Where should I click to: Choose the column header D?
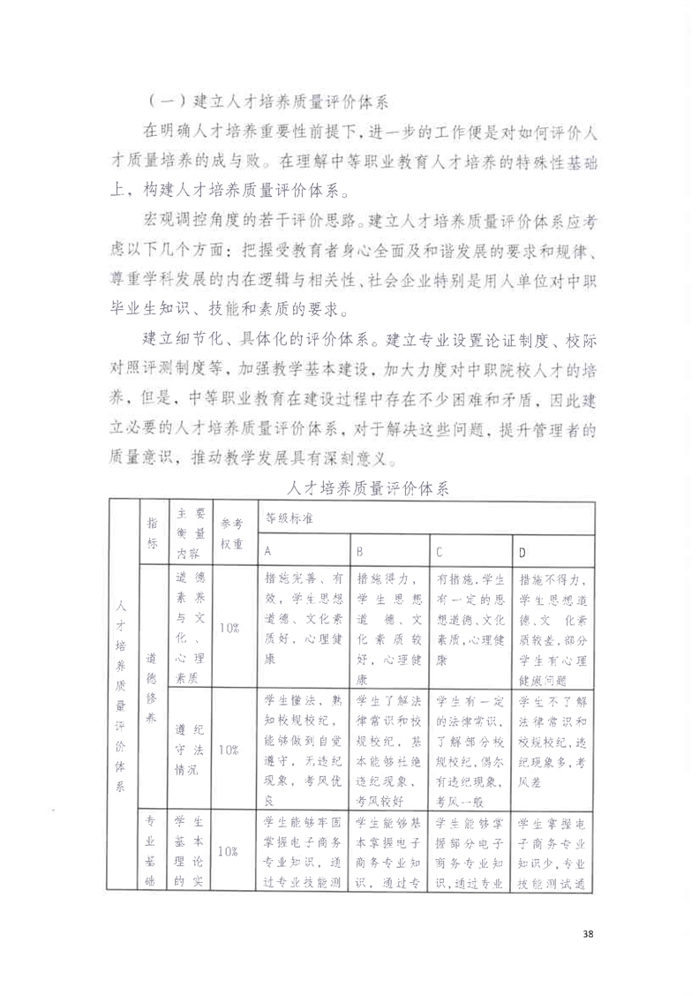click(x=522, y=551)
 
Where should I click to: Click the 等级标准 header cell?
click(x=282, y=519)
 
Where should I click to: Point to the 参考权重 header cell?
click(x=230, y=532)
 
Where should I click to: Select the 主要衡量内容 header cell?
click(x=190, y=532)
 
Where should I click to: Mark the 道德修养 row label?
click(x=152, y=689)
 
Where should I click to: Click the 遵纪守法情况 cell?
click(x=190, y=749)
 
